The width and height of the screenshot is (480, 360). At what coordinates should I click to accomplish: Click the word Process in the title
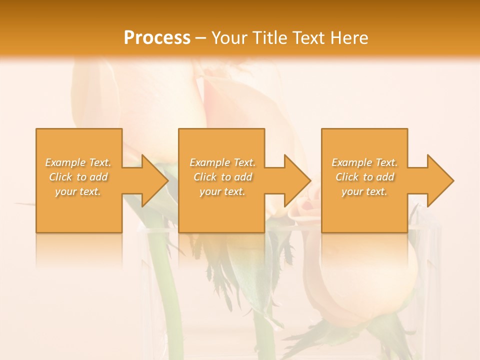(157, 38)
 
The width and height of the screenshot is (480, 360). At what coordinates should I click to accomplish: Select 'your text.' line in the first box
(78, 191)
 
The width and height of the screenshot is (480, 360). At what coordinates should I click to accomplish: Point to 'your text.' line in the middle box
(222, 191)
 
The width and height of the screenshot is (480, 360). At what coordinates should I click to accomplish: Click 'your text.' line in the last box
(364, 191)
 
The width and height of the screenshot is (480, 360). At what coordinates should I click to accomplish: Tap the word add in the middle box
(243, 177)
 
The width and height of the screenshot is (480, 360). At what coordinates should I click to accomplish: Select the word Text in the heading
(308, 38)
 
